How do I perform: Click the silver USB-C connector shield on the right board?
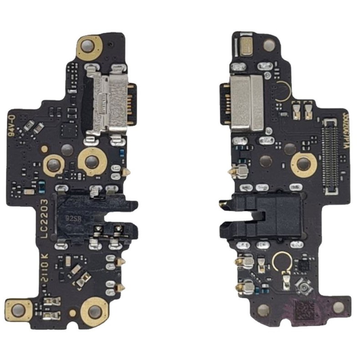coord(248,104)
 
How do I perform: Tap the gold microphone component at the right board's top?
coord(249,47)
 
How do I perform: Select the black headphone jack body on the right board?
coord(268,214)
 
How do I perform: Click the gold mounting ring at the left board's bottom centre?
coord(95,311)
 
